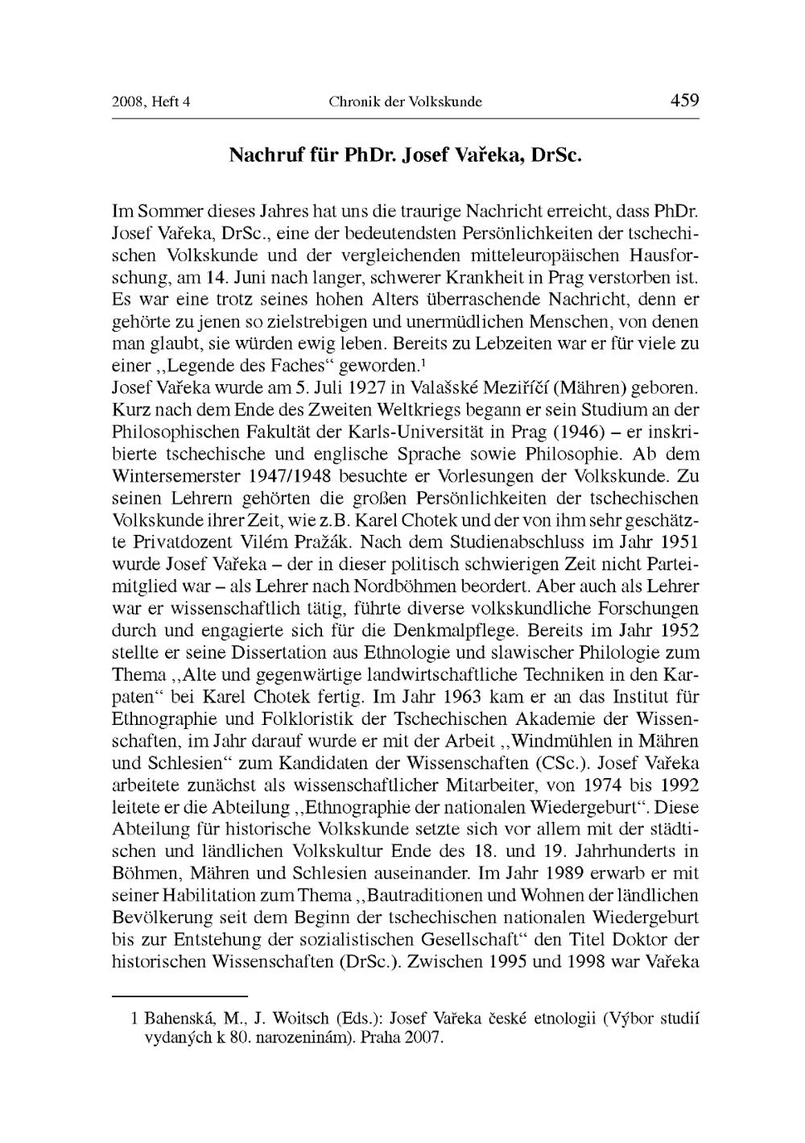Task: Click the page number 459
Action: point(684,101)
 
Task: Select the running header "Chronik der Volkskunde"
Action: point(405,102)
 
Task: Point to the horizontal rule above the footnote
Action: point(179,996)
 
